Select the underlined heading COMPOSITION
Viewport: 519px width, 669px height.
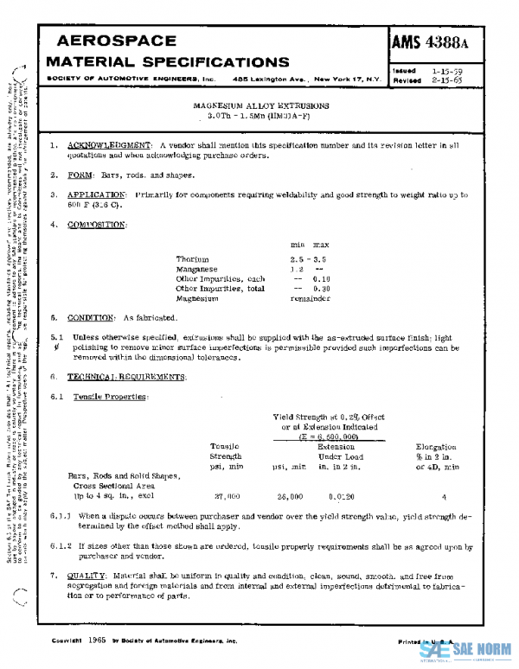pyautogui.click(x=97, y=225)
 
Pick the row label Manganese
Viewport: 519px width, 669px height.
pyautogui.click(x=196, y=269)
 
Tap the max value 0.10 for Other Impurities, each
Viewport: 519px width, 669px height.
pyautogui.click(x=321, y=278)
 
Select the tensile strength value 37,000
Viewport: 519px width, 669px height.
pyautogui.click(x=226, y=497)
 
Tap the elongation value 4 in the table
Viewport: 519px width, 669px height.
pyautogui.click(x=443, y=497)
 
